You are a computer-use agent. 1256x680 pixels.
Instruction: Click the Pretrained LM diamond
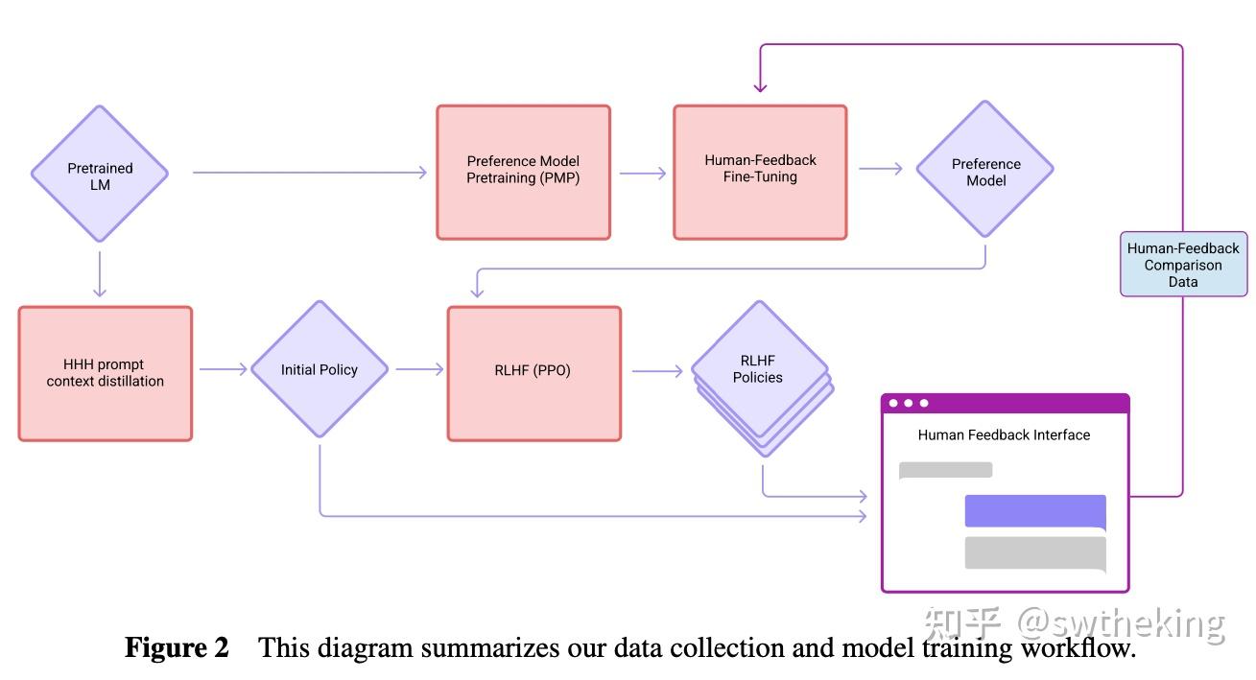pyautogui.click(x=100, y=174)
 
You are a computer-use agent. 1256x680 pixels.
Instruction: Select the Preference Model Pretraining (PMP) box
pyautogui.click(x=524, y=172)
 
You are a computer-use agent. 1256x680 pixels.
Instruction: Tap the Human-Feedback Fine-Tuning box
pyautogui.click(x=760, y=172)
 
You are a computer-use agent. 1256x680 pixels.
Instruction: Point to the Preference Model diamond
pyautogui.click(x=985, y=169)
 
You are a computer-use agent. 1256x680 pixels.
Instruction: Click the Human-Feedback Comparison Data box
pyautogui.click(x=1183, y=264)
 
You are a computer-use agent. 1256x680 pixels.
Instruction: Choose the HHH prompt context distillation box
pyautogui.click(x=106, y=373)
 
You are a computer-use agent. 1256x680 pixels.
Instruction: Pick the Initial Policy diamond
pyautogui.click(x=320, y=369)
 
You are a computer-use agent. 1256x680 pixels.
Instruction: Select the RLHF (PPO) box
pyautogui.click(x=534, y=373)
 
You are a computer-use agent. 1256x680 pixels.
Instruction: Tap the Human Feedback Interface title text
pyautogui.click(x=1004, y=435)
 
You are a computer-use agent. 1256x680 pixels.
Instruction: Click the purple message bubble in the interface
pyautogui.click(x=1035, y=510)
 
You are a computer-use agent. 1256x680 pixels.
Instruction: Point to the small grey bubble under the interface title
pyautogui.click(x=945, y=470)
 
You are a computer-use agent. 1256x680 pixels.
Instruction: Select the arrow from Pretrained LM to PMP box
pyautogui.click(x=310, y=172)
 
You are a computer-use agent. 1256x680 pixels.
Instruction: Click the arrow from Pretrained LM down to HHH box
pyautogui.click(x=100, y=273)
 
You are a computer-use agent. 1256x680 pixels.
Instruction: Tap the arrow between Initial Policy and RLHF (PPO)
pyautogui.click(x=419, y=369)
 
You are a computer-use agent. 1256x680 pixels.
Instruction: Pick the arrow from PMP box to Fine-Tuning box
pyautogui.click(x=643, y=174)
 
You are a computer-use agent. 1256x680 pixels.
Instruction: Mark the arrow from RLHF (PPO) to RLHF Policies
pyautogui.click(x=657, y=370)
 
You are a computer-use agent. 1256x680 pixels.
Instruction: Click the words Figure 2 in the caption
pyautogui.click(x=177, y=648)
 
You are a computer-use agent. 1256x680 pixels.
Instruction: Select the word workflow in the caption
pyautogui.click(x=1078, y=648)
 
